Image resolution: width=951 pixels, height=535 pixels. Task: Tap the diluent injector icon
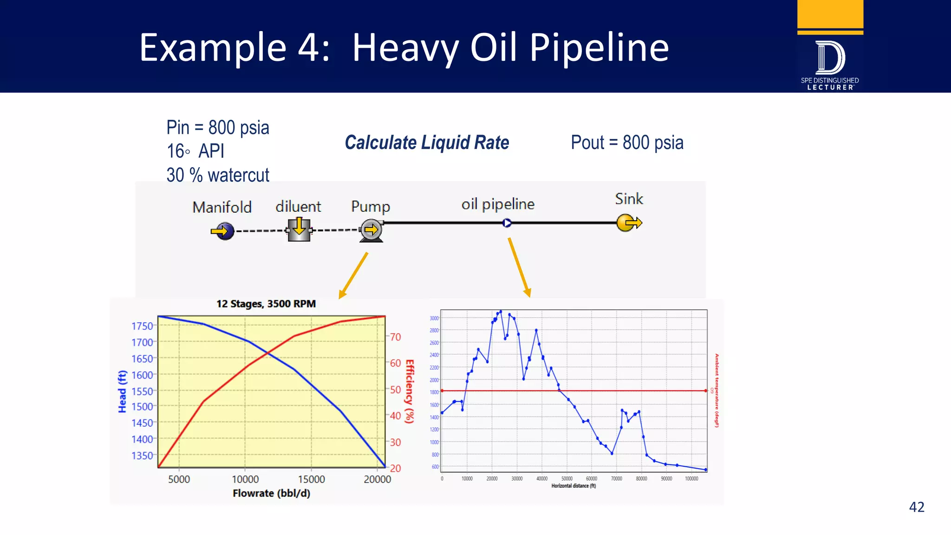pyautogui.click(x=299, y=229)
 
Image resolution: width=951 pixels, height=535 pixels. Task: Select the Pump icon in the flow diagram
pyautogui.click(x=371, y=230)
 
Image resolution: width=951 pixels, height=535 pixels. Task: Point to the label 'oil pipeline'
pyautogui.click(x=498, y=204)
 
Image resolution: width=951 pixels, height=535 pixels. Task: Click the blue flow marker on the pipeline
pyautogui.click(x=507, y=223)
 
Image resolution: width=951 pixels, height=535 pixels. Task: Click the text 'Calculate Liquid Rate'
pyautogui.click(x=427, y=143)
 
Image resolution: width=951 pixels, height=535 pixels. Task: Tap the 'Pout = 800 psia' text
pyautogui.click(x=627, y=143)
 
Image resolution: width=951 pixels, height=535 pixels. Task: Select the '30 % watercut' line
pyautogui.click(x=218, y=175)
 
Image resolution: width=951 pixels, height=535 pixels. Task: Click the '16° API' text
pyautogui.click(x=195, y=151)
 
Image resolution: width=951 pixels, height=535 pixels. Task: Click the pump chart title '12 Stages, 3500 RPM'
pyautogui.click(x=266, y=304)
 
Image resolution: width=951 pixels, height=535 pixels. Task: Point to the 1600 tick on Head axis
pyautogui.click(x=142, y=375)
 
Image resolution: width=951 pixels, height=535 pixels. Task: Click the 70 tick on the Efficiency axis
pyautogui.click(x=395, y=337)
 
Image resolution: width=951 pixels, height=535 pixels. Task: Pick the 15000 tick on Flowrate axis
pyautogui.click(x=311, y=479)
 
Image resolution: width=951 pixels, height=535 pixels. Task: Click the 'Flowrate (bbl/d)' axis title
pyautogui.click(x=271, y=493)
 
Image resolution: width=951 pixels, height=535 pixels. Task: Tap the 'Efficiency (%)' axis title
pyautogui.click(x=409, y=391)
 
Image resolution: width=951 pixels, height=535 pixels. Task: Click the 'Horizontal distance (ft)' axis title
pyautogui.click(x=573, y=486)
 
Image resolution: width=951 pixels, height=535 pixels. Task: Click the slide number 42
pyautogui.click(x=916, y=507)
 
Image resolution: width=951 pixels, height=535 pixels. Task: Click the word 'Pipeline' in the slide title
pyautogui.click(x=599, y=47)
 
